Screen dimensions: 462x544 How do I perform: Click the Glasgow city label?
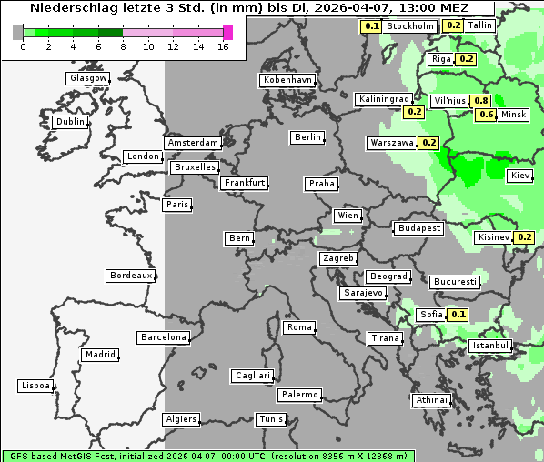(x=88, y=78)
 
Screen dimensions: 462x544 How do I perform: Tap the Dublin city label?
(x=70, y=122)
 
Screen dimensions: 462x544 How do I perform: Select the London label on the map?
(x=143, y=156)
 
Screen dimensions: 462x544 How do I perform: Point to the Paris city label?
(x=177, y=205)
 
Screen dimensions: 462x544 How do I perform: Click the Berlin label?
(x=307, y=137)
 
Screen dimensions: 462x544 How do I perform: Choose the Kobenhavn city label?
(x=287, y=80)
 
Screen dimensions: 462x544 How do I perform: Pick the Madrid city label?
(x=100, y=355)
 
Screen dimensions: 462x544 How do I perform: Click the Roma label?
(x=299, y=327)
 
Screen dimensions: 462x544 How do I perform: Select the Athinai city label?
(x=431, y=400)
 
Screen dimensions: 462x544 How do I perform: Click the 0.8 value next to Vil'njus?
(x=480, y=101)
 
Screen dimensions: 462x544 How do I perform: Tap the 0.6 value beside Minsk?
(x=487, y=115)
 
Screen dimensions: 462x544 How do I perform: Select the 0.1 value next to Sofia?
(x=458, y=315)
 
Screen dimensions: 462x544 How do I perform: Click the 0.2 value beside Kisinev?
(x=524, y=237)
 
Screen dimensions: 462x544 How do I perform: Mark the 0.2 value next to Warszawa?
(x=428, y=143)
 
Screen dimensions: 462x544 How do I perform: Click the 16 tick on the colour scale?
(x=223, y=46)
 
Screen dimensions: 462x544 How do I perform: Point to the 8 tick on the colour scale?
(x=123, y=46)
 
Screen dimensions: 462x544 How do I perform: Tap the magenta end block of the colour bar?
(x=227, y=32)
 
